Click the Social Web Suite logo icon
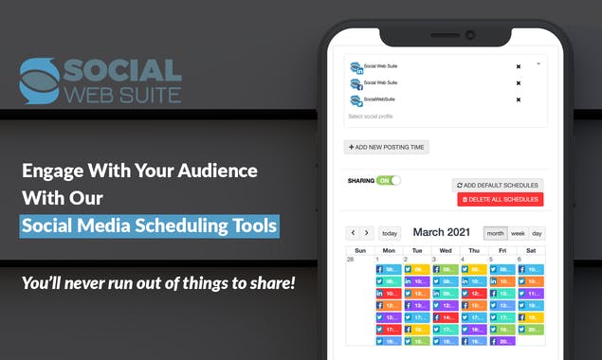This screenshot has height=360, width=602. [39, 81]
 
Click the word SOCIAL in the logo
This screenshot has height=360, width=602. [121, 70]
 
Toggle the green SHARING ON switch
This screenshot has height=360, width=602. [389, 180]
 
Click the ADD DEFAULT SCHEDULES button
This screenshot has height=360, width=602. [497, 185]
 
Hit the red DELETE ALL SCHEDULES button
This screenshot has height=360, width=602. [500, 200]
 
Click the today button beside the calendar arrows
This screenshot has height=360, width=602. [390, 233]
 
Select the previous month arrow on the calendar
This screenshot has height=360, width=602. [353, 233]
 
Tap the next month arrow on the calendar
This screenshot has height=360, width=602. [367, 233]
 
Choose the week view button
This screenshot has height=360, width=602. [518, 233]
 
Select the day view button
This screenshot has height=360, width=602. [537, 233]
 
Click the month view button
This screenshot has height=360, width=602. [496, 233]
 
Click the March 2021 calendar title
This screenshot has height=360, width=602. [441, 232]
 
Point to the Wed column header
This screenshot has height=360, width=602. [446, 250]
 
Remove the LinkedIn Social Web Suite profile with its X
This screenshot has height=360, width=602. [518, 66]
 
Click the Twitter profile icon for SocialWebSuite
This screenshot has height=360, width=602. [356, 100]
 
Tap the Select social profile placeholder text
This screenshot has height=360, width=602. [371, 117]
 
